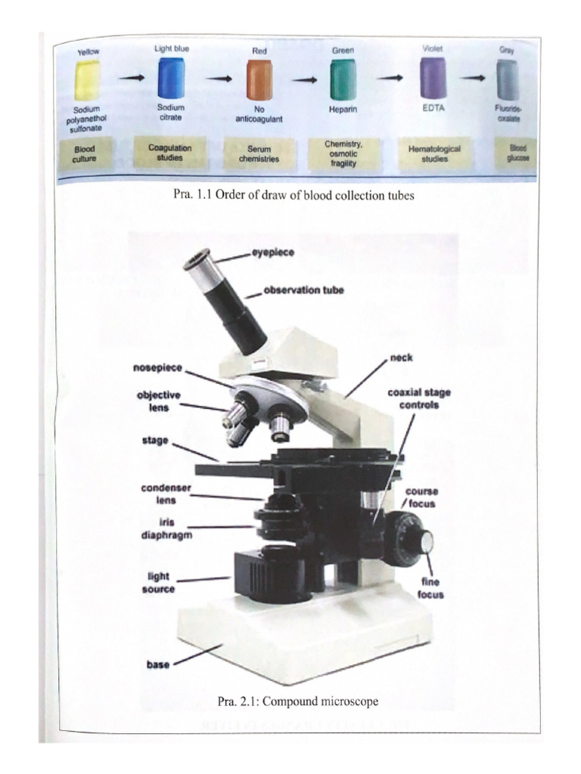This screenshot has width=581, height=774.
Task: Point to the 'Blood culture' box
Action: [x=84, y=155]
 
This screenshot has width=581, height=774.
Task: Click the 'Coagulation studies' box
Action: [x=169, y=153]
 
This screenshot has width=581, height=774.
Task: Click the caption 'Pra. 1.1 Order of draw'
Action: [x=294, y=195]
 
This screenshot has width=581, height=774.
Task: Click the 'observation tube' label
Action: [x=303, y=290]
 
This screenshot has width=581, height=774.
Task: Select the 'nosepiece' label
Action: [x=158, y=367]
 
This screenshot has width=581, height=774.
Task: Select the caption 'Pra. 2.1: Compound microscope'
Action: [x=297, y=701]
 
